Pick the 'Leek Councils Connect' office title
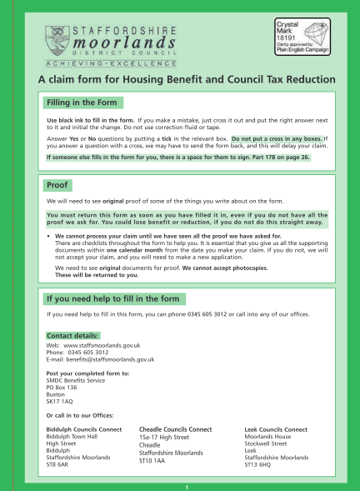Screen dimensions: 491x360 click(x=276, y=429)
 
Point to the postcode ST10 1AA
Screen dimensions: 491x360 click(x=154, y=458)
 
